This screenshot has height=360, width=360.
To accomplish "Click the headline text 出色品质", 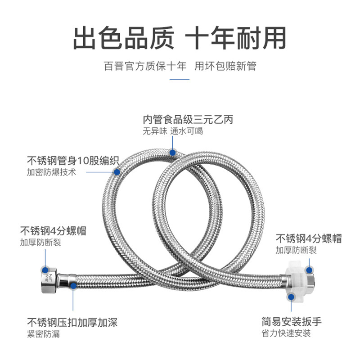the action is click(x=123, y=38).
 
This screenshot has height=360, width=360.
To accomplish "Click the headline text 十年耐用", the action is click(x=236, y=38).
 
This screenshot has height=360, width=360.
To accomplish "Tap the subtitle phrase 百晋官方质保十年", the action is click(x=144, y=67).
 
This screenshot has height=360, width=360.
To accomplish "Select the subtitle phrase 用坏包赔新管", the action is click(x=225, y=67).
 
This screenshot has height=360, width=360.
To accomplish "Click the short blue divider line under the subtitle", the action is click(x=180, y=80).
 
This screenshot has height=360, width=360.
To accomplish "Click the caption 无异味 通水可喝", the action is click(x=173, y=131).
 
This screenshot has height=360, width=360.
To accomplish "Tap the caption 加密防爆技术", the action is click(x=51, y=172).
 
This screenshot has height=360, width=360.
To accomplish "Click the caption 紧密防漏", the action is click(x=43, y=334).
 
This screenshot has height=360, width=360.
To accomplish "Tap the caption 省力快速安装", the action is click(x=286, y=333).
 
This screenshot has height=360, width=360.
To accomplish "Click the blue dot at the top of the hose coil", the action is click(x=172, y=153).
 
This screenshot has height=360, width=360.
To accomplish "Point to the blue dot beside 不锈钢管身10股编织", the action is click(x=117, y=171).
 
